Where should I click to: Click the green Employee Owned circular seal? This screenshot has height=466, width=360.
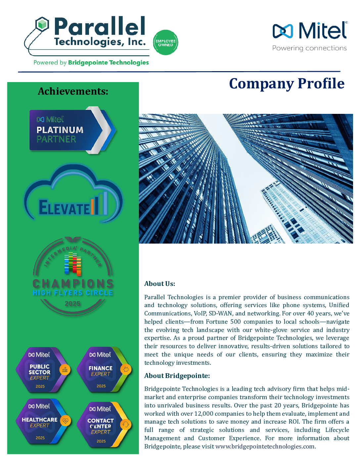point(165,43)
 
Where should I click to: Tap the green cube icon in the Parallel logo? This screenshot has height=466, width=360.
point(42,24)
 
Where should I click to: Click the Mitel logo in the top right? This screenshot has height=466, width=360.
point(310,30)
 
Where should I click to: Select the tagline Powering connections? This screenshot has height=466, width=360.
point(309,48)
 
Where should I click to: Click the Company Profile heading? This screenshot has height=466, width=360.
point(287,83)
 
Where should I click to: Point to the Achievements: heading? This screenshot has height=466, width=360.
point(73,91)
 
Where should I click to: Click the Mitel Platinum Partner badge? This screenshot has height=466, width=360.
point(72,130)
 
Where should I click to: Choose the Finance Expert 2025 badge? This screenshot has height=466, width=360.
point(103,370)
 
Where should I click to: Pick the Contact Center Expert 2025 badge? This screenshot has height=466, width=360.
point(103,425)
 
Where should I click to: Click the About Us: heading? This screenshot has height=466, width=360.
point(159,284)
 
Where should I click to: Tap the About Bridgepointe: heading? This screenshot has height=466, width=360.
point(177,376)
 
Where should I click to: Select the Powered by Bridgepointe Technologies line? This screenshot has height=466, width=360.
point(91,63)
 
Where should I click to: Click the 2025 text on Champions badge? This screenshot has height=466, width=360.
point(73,303)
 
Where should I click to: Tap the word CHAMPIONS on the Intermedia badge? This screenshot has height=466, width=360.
point(73,284)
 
